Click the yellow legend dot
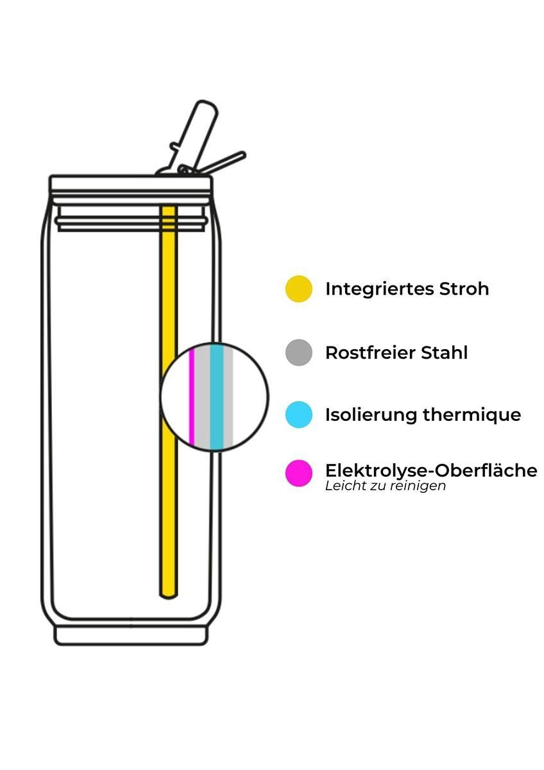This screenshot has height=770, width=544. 299,289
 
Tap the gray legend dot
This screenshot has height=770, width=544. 299,353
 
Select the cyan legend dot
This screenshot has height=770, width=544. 299,415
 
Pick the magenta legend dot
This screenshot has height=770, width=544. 299,474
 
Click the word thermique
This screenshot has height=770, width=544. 472,415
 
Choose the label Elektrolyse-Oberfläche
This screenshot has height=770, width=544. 431,470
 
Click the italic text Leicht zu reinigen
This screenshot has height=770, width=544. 386,486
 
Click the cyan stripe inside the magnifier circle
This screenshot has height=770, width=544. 216,397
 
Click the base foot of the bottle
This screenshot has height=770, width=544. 131,636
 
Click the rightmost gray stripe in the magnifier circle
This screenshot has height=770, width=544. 228,397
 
